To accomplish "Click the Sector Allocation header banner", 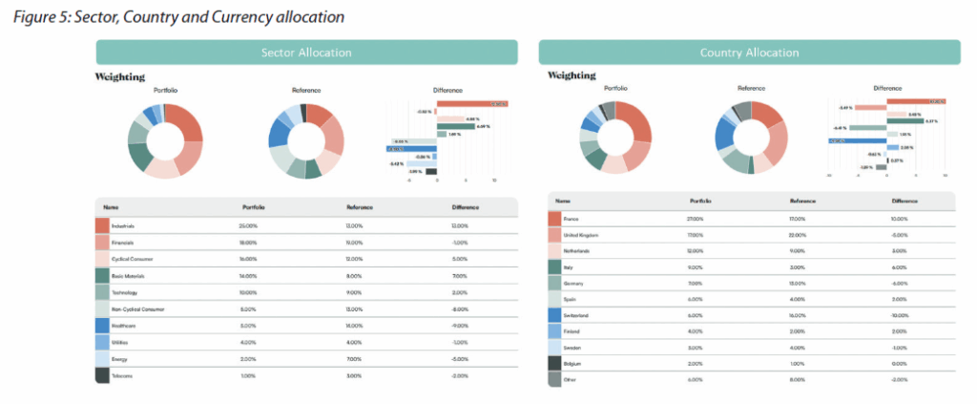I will click(x=306, y=52).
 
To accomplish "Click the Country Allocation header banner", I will click(x=749, y=52).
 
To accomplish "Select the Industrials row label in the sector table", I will click(x=123, y=225).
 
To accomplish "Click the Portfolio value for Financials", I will click(x=249, y=243).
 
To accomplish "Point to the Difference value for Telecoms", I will click(x=459, y=375).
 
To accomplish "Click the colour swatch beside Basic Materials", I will click(x=103, y=275).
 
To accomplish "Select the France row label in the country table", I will click(x=575, y=219).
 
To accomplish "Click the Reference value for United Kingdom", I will click(x=800, y=235).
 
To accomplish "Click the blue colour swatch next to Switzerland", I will click(x=555, y=314).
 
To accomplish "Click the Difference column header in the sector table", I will click(x=465, y=206).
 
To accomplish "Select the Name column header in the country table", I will click(x=563, y=201).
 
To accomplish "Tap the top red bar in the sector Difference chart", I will click(x=471, y=103).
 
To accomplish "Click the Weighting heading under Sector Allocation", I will click(x=120, y=76).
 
